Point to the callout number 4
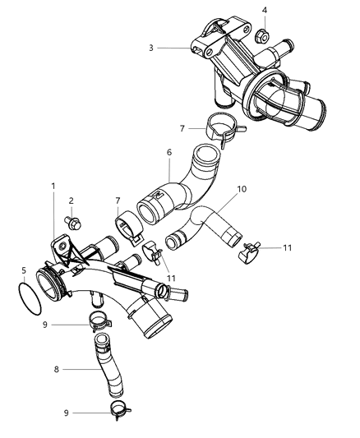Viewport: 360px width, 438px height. point(265,11)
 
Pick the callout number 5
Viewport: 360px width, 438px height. point(23,270)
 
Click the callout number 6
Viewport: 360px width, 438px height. point(168,153)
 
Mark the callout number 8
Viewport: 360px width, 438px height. point(55,370)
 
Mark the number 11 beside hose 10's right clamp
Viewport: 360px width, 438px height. point(287,246)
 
